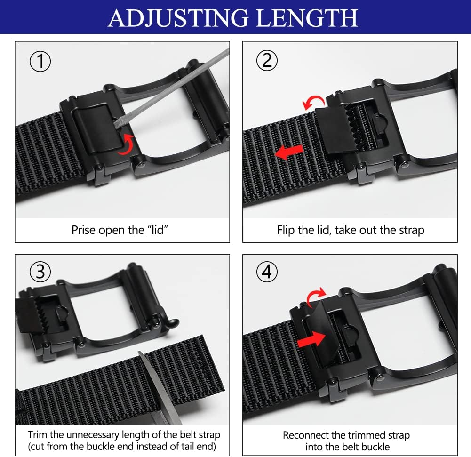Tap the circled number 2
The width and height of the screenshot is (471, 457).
pyautogui.click(x=267, y=61)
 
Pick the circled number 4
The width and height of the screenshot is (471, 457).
pyautogui.click(x=267, y=272)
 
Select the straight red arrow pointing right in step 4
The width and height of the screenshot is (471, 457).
pyautogui.click(x=312, y=339)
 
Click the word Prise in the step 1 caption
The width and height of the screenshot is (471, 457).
pyautogui.click(x=82, y=230)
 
